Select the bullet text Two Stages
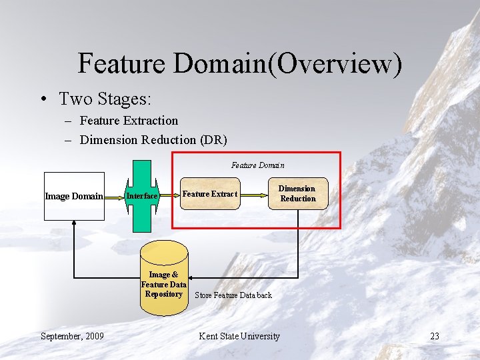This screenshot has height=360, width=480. [105, 99]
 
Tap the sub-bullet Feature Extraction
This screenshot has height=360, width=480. [129, 121]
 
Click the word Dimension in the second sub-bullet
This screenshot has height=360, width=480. [109, 140]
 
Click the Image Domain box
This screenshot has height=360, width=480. [74, 196]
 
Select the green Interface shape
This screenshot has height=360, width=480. [142, 196]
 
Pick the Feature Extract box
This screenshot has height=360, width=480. [209, 194]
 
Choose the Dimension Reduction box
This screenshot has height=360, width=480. [297, 193]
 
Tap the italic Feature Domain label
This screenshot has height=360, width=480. [257, 165]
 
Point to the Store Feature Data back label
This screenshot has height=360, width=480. [233, 295]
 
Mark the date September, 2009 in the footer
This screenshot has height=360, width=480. [72, 336]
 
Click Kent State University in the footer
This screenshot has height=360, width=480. [239, 336]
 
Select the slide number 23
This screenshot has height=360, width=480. [434, 336]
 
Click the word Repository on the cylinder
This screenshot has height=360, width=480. [164, 294]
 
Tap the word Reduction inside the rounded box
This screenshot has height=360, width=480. [297, 199]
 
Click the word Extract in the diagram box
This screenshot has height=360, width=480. [225, 194]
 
